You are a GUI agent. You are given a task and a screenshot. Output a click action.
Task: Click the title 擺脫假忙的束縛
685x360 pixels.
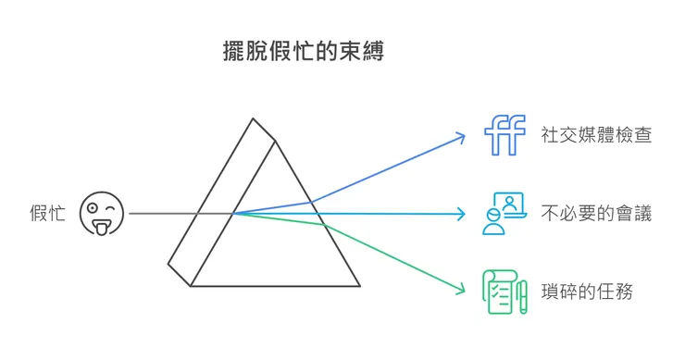(304, 53)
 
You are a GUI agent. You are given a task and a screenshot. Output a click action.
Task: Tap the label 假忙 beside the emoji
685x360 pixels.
(47, 214)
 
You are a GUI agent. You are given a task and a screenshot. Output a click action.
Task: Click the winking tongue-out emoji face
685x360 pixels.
(102, 214)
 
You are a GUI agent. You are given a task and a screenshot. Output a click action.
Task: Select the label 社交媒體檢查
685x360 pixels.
(597, 135)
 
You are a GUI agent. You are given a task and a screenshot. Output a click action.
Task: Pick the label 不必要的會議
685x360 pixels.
(597, 214)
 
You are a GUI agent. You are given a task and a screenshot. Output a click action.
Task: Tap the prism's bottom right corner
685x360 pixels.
(359, 285)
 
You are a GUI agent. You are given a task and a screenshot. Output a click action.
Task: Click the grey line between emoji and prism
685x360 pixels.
(162, 214)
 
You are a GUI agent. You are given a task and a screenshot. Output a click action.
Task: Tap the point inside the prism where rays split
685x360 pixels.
(234, 214)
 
